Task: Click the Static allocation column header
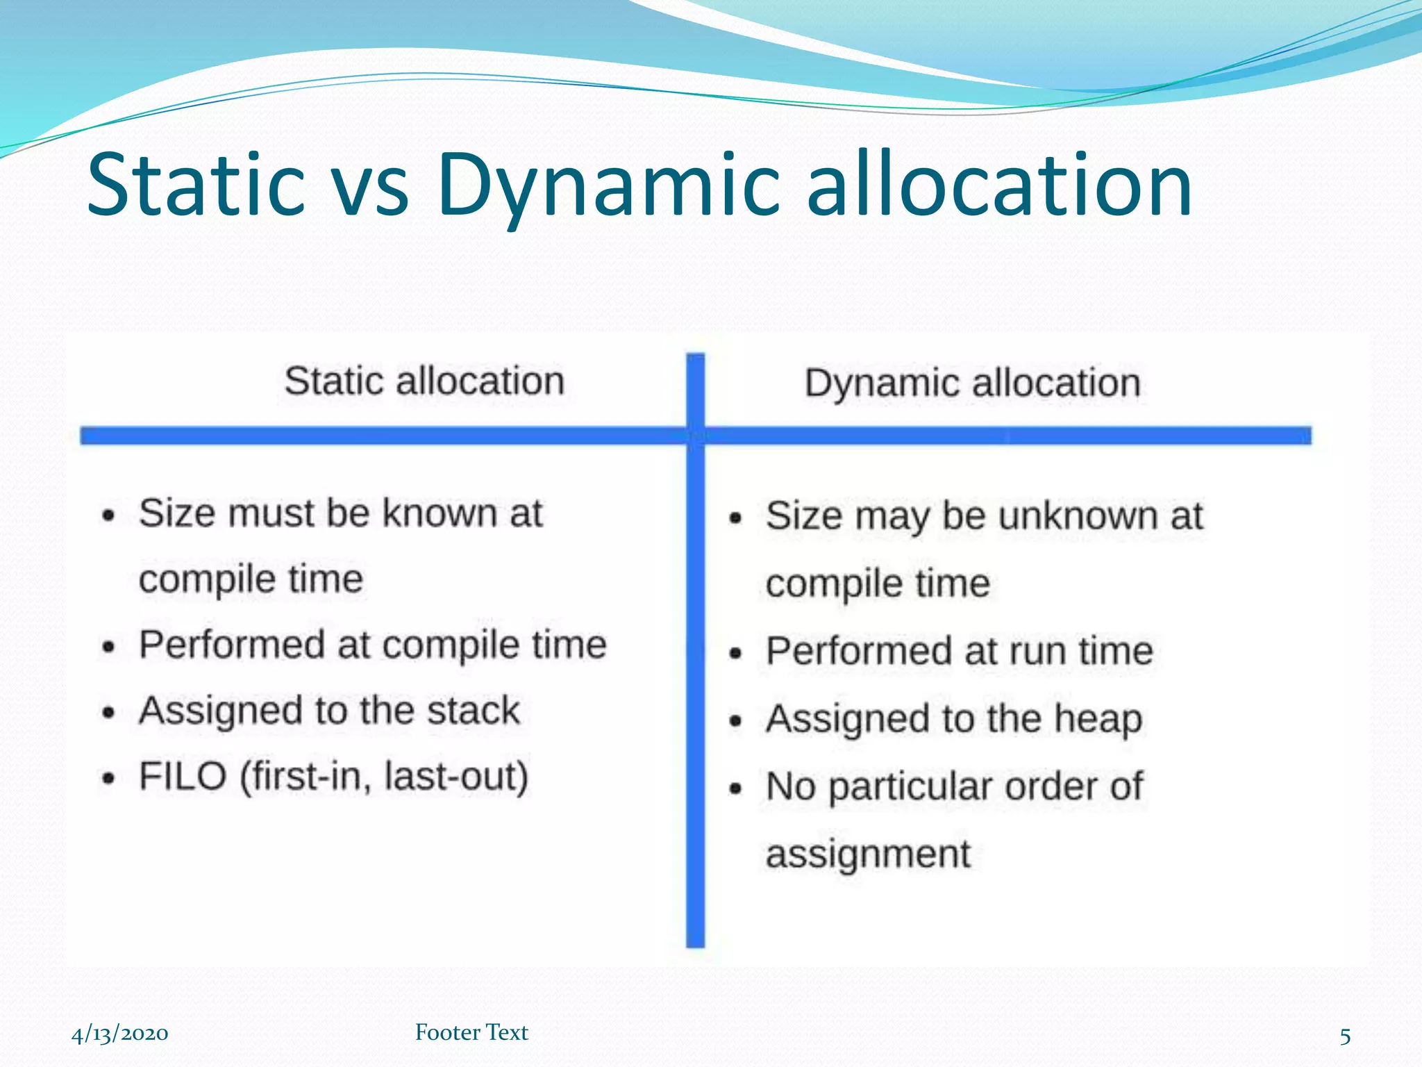click(424, 381)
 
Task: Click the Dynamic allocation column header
click(972, 383)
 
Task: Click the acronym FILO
click(183, 777)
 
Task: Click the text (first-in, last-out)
click(384, 777)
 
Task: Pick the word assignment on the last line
click(867, 854)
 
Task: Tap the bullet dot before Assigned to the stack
click(108, 713)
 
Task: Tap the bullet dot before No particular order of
click(736, 790)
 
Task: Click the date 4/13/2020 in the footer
click(119, 1034)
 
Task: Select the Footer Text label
click(471, 1032)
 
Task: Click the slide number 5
click(1344, 1036)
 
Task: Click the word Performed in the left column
click(231, 645)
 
